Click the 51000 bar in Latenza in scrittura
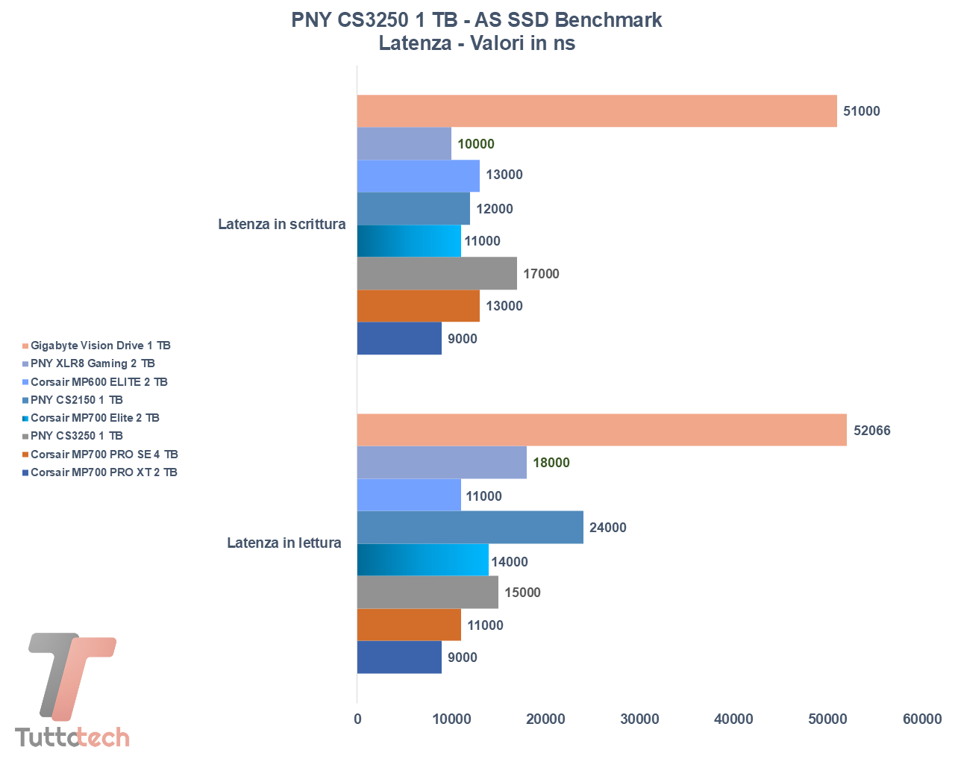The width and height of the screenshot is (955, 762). [597, 111]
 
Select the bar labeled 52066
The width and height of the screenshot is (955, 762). [601, 430]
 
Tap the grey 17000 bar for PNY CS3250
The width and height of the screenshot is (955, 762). [436, 273]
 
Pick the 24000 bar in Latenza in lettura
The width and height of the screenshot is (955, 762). [470, 528]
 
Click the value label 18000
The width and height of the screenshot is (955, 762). [551, 463]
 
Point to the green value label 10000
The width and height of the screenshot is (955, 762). [475, 144]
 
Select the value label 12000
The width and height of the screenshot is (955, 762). [495, 209]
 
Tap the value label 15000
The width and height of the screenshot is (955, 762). [522, 593]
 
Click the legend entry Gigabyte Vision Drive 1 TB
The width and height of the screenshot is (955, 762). [100, 346]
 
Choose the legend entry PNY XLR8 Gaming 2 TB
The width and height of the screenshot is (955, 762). [93, 363]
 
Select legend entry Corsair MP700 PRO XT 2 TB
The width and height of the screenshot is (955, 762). [104, 472]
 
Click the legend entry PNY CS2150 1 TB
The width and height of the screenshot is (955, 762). [76, 400]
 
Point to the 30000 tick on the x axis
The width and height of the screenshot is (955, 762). [640, 719]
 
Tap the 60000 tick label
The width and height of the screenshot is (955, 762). [922, 719]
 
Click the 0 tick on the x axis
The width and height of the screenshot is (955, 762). [357, 719]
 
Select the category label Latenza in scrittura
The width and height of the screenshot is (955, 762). [281, 224]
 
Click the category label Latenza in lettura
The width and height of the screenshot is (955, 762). [284, 543]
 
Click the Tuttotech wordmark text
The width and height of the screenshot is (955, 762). [72, 737]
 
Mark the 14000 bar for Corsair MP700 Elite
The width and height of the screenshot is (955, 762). [422, 560]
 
